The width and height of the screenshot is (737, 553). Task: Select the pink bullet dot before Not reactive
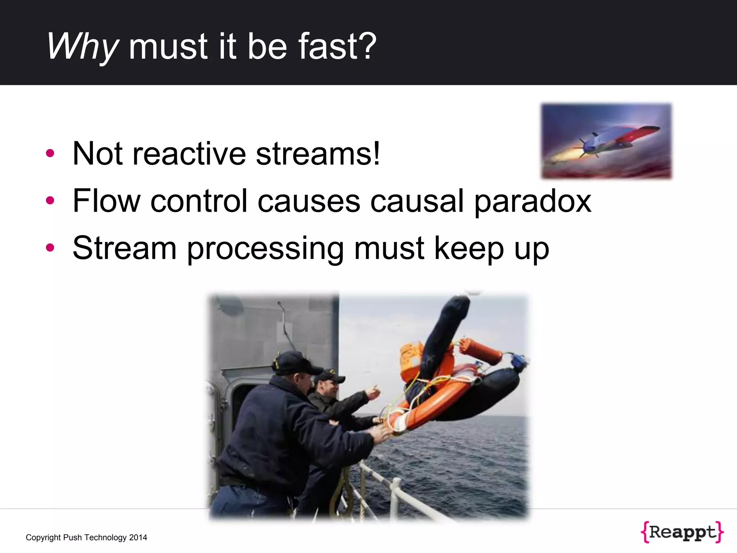tap(50, 153)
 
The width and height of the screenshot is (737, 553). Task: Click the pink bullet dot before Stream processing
tap(50, 248)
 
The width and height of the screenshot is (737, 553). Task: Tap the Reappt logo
tap(682, 532)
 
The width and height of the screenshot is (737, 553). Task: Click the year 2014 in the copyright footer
tap(138, 538)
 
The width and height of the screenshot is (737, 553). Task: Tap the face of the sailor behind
tap(329, 389)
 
